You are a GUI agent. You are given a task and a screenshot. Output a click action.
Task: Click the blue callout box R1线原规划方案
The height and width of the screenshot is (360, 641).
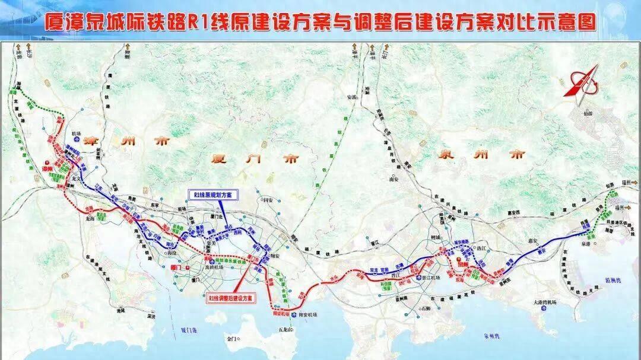click(213, 195)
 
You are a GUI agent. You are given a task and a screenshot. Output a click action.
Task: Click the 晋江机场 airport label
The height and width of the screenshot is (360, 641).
click(431, 279)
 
